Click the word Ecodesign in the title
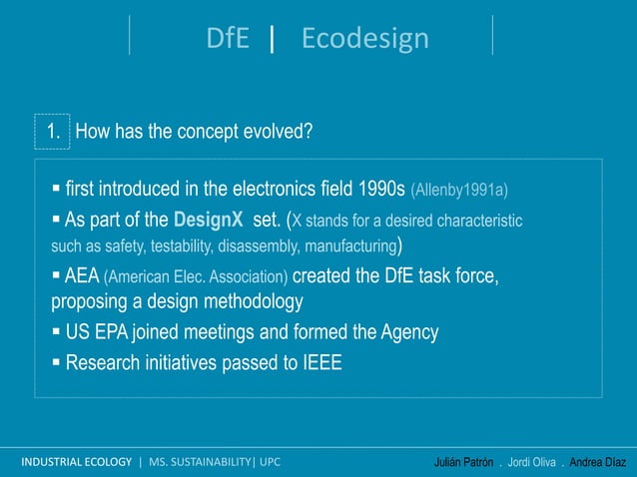point(364,38)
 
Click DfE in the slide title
point(228,38)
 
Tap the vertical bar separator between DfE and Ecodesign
point(272,38)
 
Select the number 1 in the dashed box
point(53,131)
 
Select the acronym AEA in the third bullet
point(82,275)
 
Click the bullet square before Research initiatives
point(57,362)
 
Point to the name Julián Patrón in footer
point(463,463)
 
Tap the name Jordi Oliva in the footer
point(533,463)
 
